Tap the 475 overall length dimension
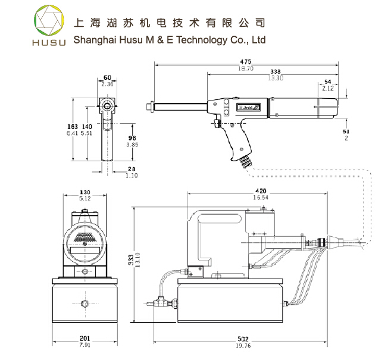[245, 61]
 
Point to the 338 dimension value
[275, 72]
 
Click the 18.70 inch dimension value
[246, 68]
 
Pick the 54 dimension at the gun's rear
[328, 82]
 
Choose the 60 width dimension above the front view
[107, 78]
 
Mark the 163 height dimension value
[71, 127]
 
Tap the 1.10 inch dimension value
[132, 176]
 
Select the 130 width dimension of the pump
[85, 192]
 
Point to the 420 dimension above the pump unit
[260, 190]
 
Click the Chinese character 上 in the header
[77, 23]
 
